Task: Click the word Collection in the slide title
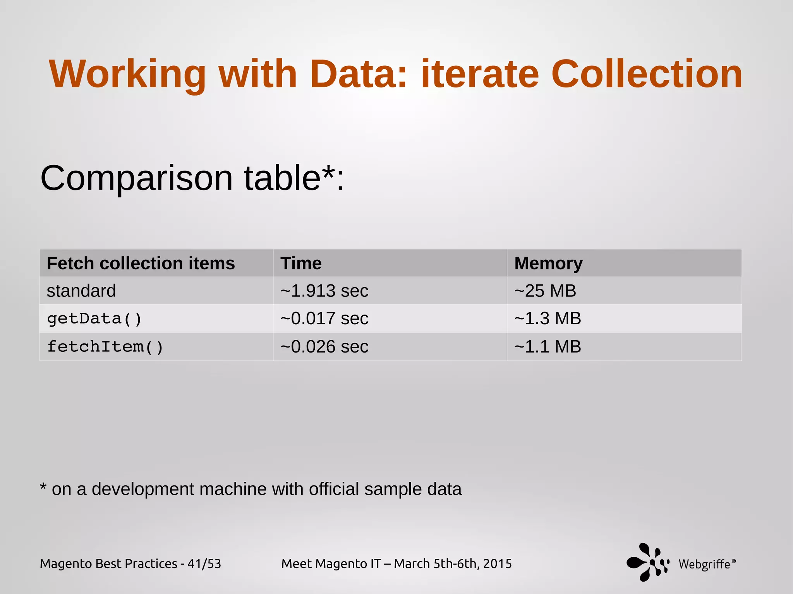646,74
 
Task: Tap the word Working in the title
127,75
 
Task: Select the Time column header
301,264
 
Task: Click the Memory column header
548,264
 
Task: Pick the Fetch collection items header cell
141,264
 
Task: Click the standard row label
81,291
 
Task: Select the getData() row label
94,319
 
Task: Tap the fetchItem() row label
105,347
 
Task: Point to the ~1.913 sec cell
324,291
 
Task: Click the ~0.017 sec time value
324,319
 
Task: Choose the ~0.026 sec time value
324,347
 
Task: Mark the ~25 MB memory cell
545,291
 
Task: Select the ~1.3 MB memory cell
548,319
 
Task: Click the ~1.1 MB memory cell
548,347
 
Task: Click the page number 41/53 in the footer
204,564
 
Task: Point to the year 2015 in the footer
497,564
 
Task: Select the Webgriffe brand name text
705,564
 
